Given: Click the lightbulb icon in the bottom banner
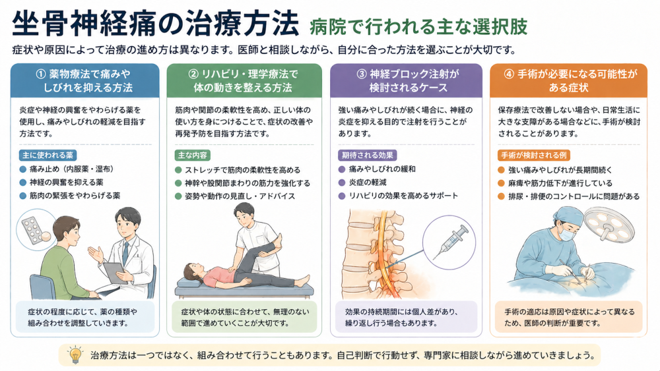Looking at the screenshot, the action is pyautogui.click(x=76, y=355).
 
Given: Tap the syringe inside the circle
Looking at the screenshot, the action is pyautogui.click(x=451, y=243).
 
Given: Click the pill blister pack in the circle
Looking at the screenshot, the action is pyautogui.click(x=33, y=230).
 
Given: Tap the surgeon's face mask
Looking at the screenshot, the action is pyautogui.click(x=567, y=235).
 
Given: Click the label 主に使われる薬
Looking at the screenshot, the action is pyautogui.click(x=48, y=155).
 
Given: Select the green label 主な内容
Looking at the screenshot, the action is pyautogui.click(x=192, y=155).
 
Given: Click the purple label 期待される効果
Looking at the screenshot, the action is pyautogui.click(x=367, y=155).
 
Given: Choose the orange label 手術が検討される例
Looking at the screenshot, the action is pyautogui.click(x=533, y=155).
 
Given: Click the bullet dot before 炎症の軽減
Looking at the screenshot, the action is pyautogui.click(x=342, y=183).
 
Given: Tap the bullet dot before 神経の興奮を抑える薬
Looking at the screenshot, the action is pyautogui.click(x=22, y=183).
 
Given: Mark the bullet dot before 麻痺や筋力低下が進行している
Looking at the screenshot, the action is pyautogui.click(x=501, y=183).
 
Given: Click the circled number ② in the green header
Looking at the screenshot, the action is pyautogui.click(x=193, y=74).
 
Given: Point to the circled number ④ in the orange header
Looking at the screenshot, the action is pyautogui.click(x=509, y=74).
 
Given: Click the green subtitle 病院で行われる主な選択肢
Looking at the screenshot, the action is pyautogui.click(x=418, y=26).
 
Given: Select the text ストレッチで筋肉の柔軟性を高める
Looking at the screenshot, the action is pyautogui.click(x=242, y=170).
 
